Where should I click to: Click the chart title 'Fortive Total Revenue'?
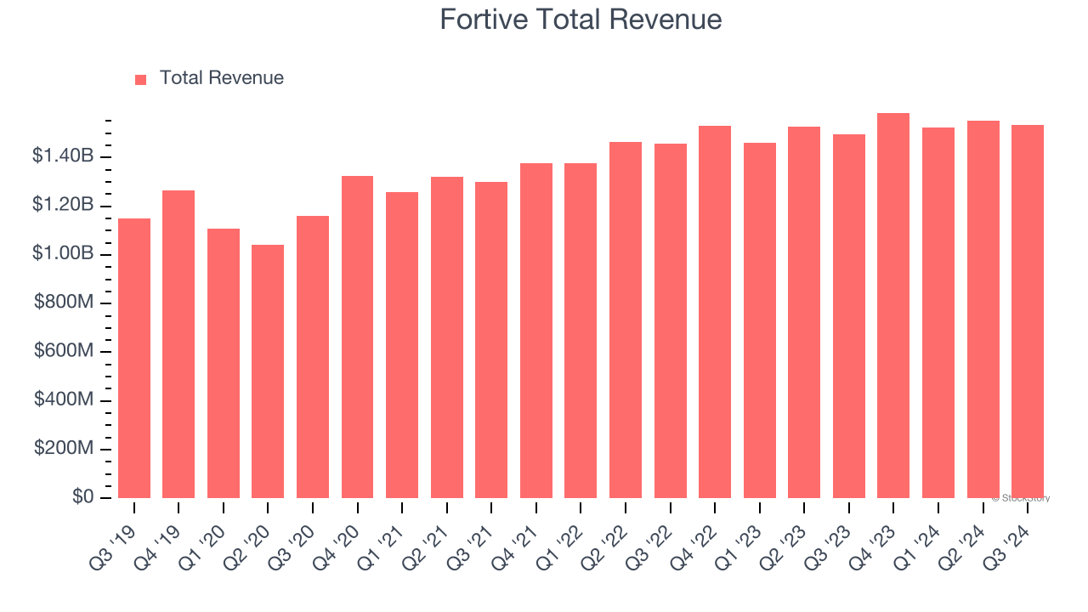pyautogui.click(x=581, y=20)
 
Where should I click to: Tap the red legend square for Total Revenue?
pyautogui.click(x=141, y=79)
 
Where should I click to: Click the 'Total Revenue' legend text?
pyautogui.click(x=221, y=78)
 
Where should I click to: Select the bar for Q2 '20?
pyautogui.click(x=268, y=371)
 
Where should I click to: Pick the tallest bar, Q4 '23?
pyautogui.click(x=893, y=306)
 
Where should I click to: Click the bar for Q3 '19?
pyautogui.click(x=134, y=358)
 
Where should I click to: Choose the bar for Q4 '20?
pyautogui.click(x=357, y=337)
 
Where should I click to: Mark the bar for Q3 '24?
pyautogui.click(x=1027, y=311)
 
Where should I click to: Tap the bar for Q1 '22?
pyautogui.click(x=581, y=331)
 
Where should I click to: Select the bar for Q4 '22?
pyautogui.click(x=715, y=312)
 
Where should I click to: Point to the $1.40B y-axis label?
pyautogui.click(x=63, y=156)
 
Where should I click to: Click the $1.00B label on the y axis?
pyautogui.click(x=63, y=254)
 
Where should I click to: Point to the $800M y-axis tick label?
pyautogui.click(x=64, y=303)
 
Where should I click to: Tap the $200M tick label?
pyautogui.click(x=64, y=449)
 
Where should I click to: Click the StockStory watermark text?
pyautogui.click(x=1023, y=498)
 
